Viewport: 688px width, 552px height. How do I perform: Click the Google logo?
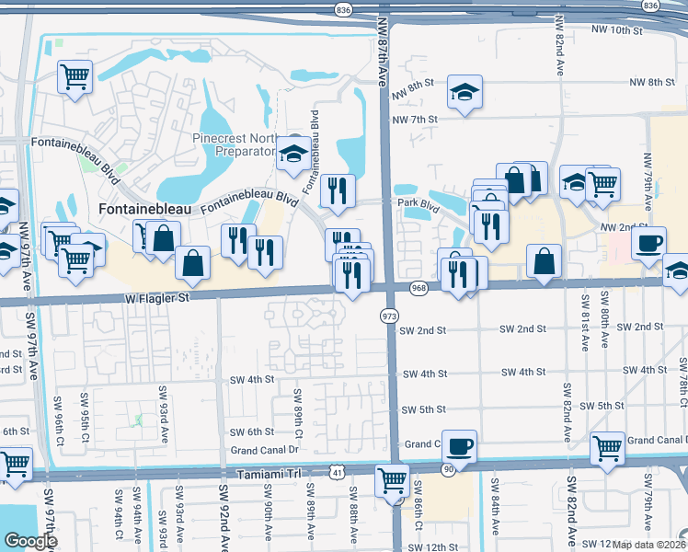30,541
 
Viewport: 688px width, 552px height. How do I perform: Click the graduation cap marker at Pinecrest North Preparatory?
293,155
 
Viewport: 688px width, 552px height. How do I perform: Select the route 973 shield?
388,316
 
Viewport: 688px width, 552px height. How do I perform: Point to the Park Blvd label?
414,201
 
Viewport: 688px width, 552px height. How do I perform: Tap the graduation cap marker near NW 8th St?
464,91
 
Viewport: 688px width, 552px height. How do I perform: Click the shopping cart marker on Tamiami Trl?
392,478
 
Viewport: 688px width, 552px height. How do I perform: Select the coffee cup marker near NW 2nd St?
648,243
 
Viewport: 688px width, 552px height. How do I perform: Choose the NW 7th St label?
415,120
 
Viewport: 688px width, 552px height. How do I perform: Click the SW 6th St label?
252,431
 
